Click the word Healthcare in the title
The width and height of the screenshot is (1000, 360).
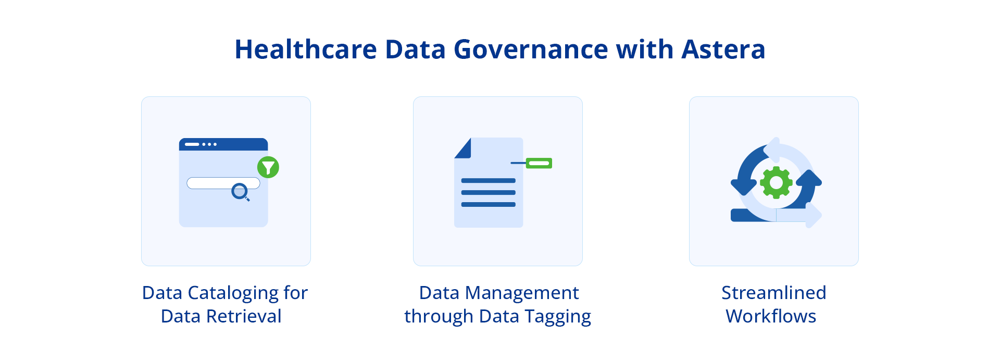coord(305,49)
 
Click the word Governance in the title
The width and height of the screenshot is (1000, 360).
coord(531,49)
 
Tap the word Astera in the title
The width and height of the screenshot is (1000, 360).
coord(723,49)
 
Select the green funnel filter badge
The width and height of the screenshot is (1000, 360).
coord(268,167)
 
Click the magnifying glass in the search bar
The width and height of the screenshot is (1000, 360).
coord(240,192)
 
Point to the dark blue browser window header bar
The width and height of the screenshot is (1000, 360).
coord(223,144)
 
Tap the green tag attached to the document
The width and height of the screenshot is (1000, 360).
coord(539,163)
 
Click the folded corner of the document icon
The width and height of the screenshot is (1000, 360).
coord(464,149)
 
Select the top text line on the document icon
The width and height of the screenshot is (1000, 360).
coord(488,181)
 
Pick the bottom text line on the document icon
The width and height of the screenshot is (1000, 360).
coord(488,204)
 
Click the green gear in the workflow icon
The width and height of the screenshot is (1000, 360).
coord(776,182)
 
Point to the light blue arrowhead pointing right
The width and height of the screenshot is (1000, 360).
coord(813,215)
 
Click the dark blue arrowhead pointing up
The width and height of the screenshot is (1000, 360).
coord(809,179)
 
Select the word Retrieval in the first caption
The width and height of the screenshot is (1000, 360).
coord(243,316)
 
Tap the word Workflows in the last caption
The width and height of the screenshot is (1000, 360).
coord(771,316)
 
